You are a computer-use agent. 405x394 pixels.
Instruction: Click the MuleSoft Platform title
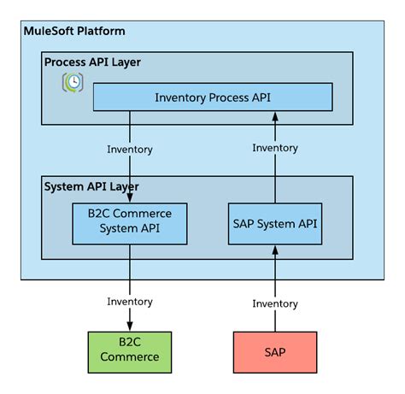click(x=75, y=32)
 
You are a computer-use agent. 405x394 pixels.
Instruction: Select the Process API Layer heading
click(x=92, y=62)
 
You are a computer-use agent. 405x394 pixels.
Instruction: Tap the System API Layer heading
click(x=91, y=186)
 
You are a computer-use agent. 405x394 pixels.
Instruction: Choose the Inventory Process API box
click(x=212, y=97)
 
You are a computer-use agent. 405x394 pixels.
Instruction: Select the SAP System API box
click(x=273, y=223)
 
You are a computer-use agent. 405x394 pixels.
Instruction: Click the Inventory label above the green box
click(x=130, y=301)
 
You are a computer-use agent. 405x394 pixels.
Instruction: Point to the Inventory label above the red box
click(x=275, y=303)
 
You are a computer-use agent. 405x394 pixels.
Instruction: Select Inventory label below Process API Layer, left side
click(x=130, y=150)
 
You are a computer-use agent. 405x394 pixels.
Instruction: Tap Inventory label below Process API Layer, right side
click(x=275, y=148)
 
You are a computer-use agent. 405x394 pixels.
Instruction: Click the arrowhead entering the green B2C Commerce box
click(x=130, y=326)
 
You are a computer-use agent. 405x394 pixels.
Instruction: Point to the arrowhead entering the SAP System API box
click(x=275, y=249)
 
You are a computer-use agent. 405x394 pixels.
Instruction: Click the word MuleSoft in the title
click(x=50, y=32)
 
